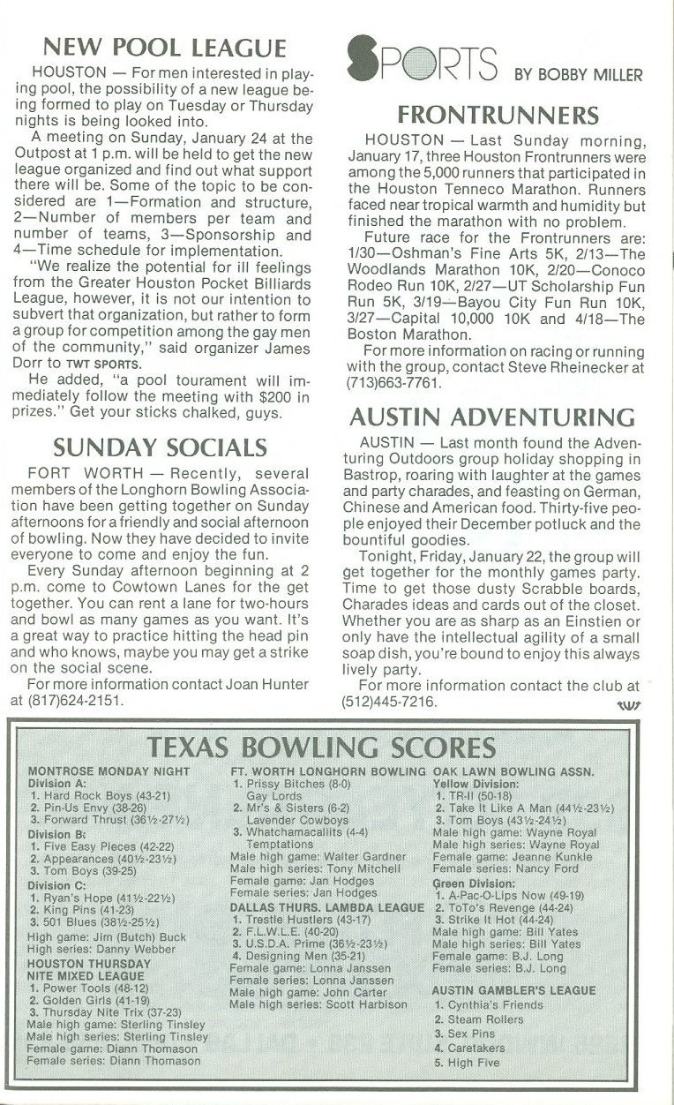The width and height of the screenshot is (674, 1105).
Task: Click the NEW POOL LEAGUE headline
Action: coord(165,48)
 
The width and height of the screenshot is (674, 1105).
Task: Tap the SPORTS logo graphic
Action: coord(422,60)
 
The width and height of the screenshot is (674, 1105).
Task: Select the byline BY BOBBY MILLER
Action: coord(578,75)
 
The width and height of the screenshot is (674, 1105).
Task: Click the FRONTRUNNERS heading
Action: coord(498,115)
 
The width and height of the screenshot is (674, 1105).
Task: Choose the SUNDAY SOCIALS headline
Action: coord(160,447)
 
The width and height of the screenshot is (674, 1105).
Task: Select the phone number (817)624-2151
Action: coord(78,700)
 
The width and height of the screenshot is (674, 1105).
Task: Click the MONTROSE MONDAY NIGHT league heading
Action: coord(109,770)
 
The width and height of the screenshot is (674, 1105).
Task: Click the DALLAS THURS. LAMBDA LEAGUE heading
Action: coord(327,906)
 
